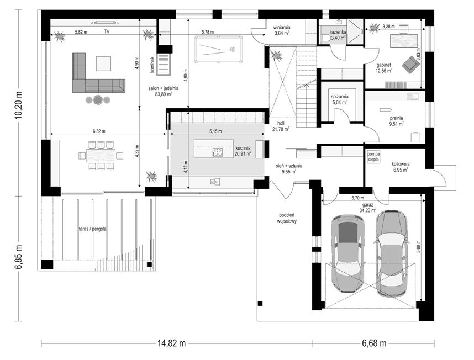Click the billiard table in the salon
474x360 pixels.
218,50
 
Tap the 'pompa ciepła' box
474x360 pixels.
373,157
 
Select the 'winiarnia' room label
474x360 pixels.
281,28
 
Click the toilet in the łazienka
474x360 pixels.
326,38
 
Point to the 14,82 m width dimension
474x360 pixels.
171,343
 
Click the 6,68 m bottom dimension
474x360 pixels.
373,343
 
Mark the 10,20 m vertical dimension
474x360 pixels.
19,104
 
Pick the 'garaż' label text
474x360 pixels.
367,204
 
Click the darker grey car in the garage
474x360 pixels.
347,253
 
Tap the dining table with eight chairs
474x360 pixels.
101,156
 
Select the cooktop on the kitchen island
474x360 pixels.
217,152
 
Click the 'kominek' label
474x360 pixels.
152,65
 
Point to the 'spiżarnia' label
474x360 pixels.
339,97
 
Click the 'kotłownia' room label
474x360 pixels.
401,164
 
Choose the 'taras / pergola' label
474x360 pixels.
92,229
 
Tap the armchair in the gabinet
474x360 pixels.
409,63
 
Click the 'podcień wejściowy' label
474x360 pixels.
287,218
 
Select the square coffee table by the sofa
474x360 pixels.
104,63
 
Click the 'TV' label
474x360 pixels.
107,31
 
